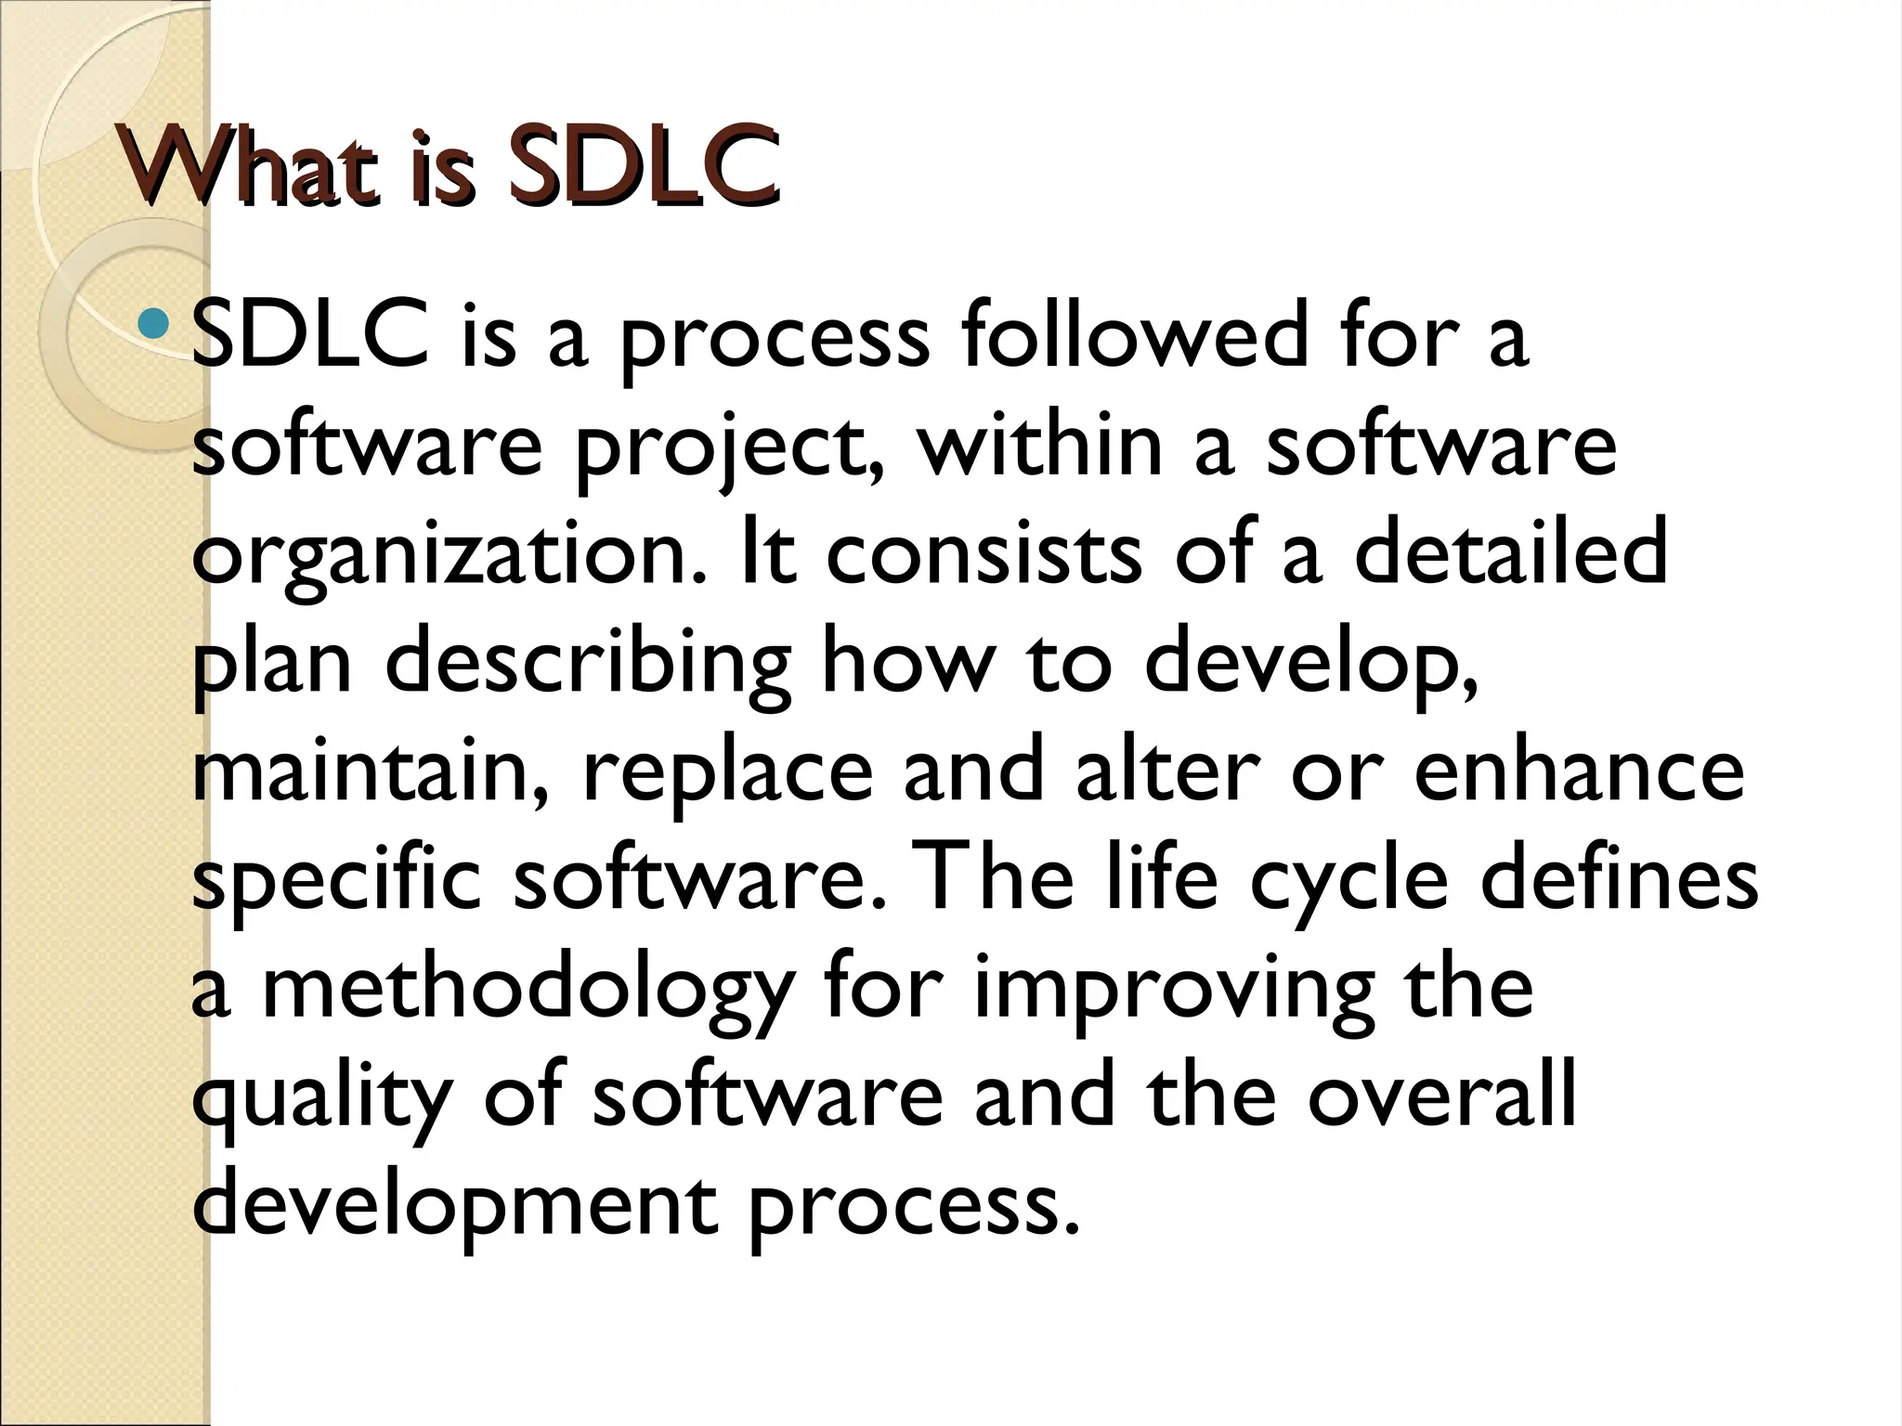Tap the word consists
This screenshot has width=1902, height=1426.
(x=984, y=554)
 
